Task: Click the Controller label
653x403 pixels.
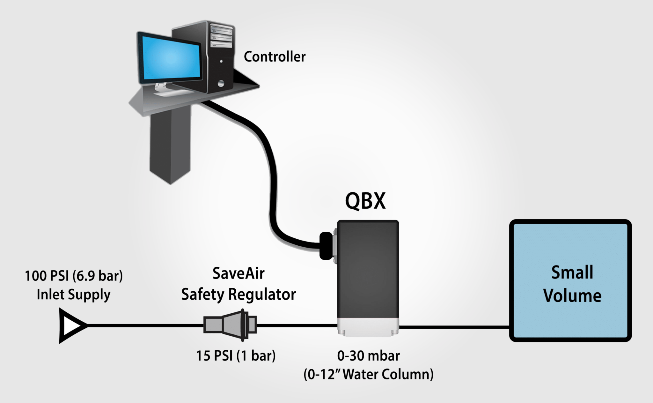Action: (x=275, y=57)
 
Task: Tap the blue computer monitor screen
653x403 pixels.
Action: (x=171, y=58)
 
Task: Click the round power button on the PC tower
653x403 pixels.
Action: (x=221, y=84)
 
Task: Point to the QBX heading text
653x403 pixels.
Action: (x=365, y=201)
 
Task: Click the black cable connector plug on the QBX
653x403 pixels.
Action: (x=326, y=246)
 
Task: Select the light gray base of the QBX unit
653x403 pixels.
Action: (x=368, y=327)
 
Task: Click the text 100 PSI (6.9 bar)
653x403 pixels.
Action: (x=74, y=276)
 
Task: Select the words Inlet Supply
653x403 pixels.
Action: (x=74, y=295)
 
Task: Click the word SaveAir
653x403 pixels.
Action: (x=238, y=273)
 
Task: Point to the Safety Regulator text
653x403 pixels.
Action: (x=238, y=295)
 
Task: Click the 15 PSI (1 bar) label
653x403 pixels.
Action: (x=236, y=356)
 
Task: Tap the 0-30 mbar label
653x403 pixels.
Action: (x=368, y=356)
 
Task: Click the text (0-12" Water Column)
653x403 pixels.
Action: (x=368, y=374)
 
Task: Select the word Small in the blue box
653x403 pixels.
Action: (x=572, y=272)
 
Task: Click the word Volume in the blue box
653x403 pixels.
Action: (x=572, y=296)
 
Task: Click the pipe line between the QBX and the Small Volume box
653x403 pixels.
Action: (x=454, y=327)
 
